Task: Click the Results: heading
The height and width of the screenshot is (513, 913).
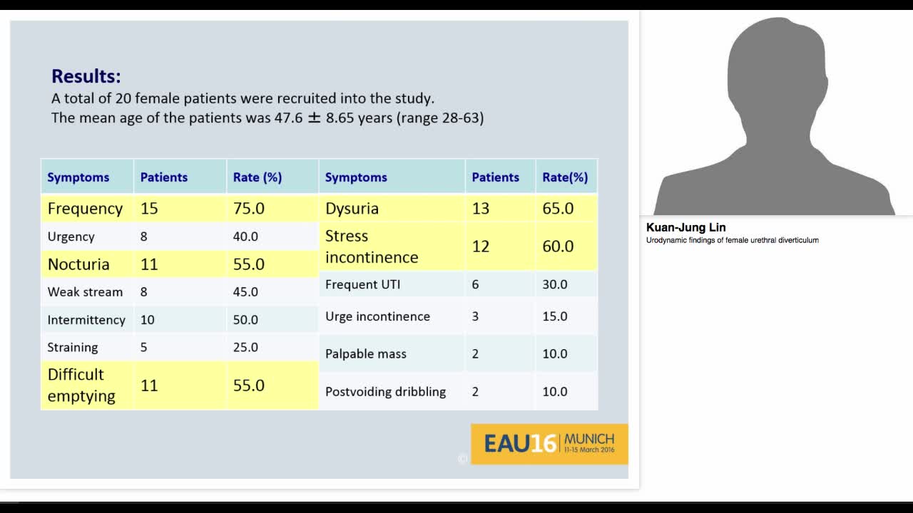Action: [x=86, y=76]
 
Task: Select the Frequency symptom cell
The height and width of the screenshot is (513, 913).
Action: [x=85, y=209]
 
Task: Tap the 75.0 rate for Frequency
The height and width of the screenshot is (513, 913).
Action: [x=249, y=209]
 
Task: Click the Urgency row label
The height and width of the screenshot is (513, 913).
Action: [x=71, y=237]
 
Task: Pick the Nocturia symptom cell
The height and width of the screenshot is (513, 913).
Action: [x=78, y=264]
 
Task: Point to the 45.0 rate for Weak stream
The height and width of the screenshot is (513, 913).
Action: [x=245, y=292]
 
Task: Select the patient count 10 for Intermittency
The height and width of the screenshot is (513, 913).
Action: [x=147, y=320]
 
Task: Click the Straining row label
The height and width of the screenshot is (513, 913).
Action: [x=73, y=348]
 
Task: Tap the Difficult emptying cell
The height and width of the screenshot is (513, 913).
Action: [x=81, y=385]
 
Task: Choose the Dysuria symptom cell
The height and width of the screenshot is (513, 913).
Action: [x=352, y=209]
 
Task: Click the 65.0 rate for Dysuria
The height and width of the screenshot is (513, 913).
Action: [x=558, y=209]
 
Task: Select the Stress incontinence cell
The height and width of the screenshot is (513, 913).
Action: [x=372, y=247]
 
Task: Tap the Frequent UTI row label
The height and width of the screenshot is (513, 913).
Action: [x=363, y=284]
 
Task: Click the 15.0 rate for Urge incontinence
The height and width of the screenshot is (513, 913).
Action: [x=555, y=316]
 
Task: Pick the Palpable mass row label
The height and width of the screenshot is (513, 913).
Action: [x=366, y=354]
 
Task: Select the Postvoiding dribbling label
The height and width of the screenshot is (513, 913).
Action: [x=385, y=392]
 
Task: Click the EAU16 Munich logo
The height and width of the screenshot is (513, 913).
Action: [x=549, y=444]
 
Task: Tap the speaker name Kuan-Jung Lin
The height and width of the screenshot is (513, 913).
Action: [x=686, y=227]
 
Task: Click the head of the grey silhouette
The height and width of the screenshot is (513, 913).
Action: [x=775, y=64]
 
